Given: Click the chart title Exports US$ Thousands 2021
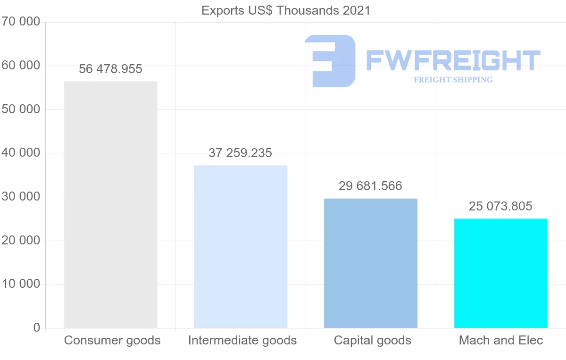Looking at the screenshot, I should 286,10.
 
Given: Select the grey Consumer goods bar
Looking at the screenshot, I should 110,205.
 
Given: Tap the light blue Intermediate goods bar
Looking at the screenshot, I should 241,247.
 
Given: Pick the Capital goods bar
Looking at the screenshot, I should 371,263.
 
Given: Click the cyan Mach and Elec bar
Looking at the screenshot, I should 500,273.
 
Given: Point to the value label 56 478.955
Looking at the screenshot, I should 110,69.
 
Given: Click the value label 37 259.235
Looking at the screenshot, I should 241,153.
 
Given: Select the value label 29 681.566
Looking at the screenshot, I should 371,186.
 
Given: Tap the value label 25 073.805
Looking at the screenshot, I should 500,207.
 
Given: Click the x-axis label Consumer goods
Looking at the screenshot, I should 112,341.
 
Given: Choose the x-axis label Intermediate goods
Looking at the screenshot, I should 242,341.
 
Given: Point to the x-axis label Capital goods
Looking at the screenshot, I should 373,341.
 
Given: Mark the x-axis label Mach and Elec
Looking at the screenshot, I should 501,341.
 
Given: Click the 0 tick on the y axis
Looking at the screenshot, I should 37,328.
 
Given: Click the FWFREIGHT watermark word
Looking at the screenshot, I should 453,61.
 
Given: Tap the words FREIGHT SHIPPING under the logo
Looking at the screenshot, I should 453,80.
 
